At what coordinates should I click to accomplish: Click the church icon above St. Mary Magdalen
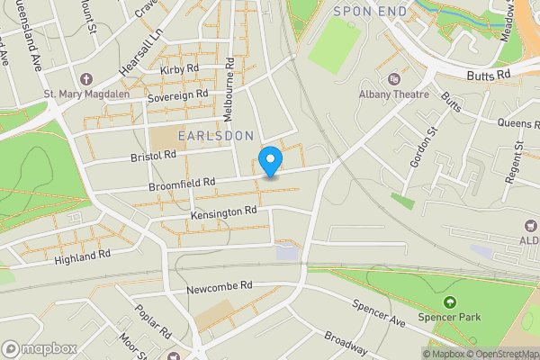tap(86, 78)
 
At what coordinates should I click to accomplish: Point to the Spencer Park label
tap(450, 317)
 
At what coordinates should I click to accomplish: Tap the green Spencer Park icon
tap(450, 301)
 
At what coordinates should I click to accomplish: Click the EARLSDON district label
tap(216, 135)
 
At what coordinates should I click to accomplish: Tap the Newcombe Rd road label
tap(220, 287)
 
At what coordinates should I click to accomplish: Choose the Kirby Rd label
tap(179, 69)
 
